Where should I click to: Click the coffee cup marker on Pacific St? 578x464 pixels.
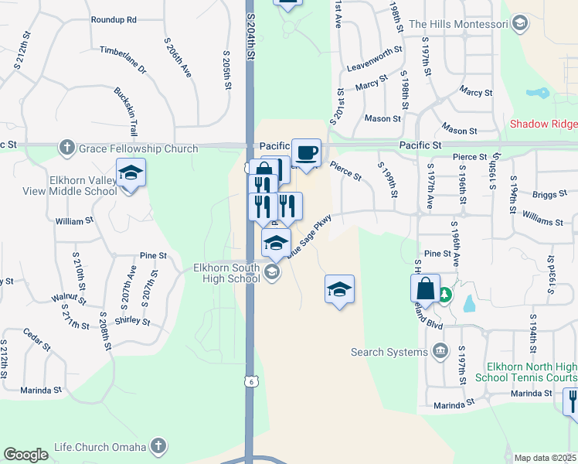pyautogui.click(x=306, y=153)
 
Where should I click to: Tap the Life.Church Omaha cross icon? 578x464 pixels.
pyautogui.click(x=158, y=446)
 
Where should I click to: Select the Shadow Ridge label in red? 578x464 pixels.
pyautogui.click(x=543, y=125)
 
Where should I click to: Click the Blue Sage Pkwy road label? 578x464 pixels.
pyautogui.click(x=309, y=235)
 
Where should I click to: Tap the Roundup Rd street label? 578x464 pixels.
pyautogui.click(x=113, y=19)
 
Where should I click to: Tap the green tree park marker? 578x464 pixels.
pyautogui.click(x=445, y=295)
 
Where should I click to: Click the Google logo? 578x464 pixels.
pyautogui.click(x=25, y=455)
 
